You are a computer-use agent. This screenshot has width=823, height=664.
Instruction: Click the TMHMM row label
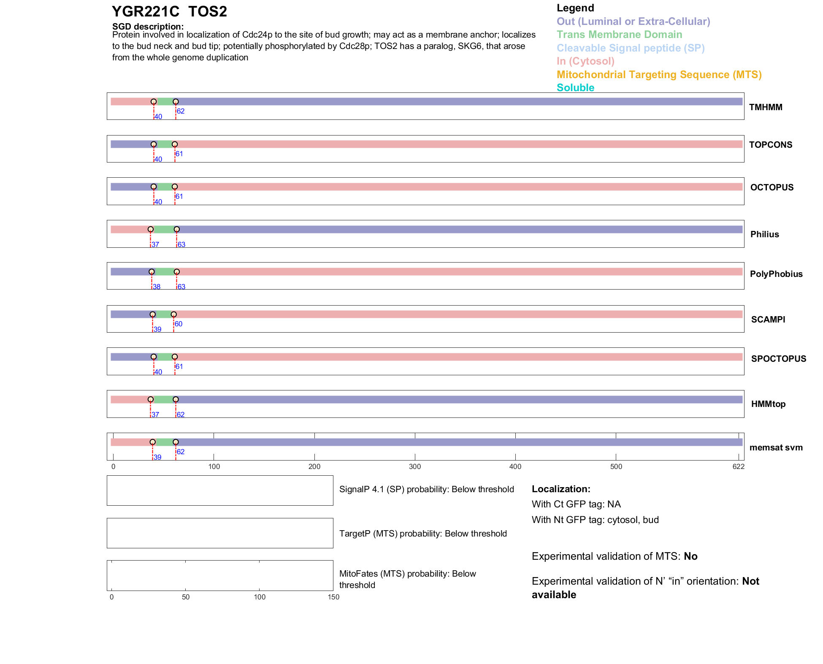pyautogui.click(x=765, y=107)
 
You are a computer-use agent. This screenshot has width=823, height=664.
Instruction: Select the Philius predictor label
pyautogui.click(x=764, y=234)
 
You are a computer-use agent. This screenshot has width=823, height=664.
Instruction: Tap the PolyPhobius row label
pyautogui.click(x=776, y=274)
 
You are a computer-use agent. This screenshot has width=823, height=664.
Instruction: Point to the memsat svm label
pyautogui.click(x=776, y=447)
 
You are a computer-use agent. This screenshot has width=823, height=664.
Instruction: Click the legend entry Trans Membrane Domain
pyautogui.click(x=619, y=35)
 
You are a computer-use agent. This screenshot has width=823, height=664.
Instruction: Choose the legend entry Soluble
pyautogui.click(x=575, y=88)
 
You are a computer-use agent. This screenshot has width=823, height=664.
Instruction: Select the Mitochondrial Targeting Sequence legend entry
pyautogui.click(x=659, y=75)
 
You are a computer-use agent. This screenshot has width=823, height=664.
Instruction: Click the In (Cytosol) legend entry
pyautogui.click(x=585, y=61)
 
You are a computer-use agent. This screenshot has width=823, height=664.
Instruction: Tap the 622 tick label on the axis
pyautogui.click(x=738, y=466)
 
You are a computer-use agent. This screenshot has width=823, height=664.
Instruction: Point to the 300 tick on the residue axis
pyautogui.click(x=415, y=466)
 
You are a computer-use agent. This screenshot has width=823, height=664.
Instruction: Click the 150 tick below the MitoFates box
pyautogui.click(x=333, y=597)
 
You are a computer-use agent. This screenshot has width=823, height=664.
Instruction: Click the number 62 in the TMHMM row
pyautogui.click(x=181, y=111)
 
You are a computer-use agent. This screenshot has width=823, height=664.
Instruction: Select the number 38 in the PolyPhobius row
pyautogui.click(x=157, y=287)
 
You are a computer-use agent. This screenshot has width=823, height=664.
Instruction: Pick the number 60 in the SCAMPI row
pyautogui.click(x=179, y=324)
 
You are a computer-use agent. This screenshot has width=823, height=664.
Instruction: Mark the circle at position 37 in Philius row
pyautogui.click(x=151, y=229)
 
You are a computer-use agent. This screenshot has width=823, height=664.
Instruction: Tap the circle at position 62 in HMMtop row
pyautogui.click(x=176, y=399)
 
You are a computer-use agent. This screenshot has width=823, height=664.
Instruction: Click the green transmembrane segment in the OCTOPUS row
pyautogui.click(x=164, y=187)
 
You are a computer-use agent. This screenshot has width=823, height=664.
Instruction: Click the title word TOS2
pyautogui.click(x=208, y=11)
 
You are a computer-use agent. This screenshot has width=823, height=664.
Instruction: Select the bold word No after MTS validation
pyautogui.click(x=690, y=556)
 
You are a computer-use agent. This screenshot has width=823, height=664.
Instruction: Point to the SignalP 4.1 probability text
pyautogui.click(x=426, y=489)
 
